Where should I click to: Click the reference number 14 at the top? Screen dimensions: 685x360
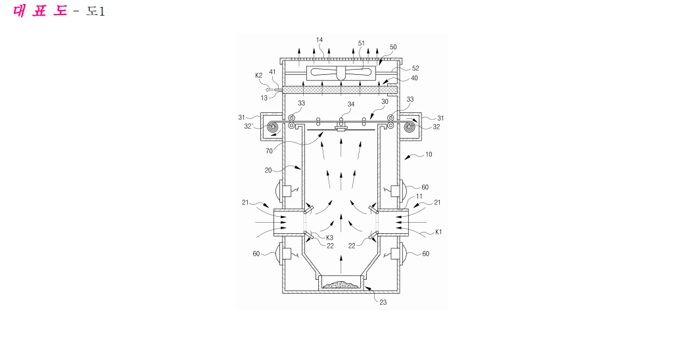(319, 39)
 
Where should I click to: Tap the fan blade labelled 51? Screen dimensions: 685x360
(341, 72)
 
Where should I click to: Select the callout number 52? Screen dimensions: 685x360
(415, 68)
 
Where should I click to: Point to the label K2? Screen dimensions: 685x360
(258, 75)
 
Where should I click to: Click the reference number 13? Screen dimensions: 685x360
(264, 98)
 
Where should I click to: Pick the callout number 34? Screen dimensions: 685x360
(351, 104)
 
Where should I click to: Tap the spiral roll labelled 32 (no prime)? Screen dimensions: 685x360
(410, 127)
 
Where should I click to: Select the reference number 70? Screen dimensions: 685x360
(269, 151)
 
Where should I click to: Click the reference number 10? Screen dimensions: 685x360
(429, 154)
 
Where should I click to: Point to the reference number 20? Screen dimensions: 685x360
(268, 170)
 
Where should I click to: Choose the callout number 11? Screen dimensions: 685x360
(419, 196)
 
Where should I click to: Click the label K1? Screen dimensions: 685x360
(438, 232)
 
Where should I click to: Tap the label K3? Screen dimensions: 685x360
(329, 238)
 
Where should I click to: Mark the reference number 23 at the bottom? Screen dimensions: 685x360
(383, 302)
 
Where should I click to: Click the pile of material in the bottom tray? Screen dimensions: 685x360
(341, 285)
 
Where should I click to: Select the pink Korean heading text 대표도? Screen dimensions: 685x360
(40, 11)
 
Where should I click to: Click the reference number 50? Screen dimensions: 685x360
(393, 47)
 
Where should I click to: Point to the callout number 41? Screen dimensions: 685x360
(272, 72)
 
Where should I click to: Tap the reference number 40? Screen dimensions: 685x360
(414, 78)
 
